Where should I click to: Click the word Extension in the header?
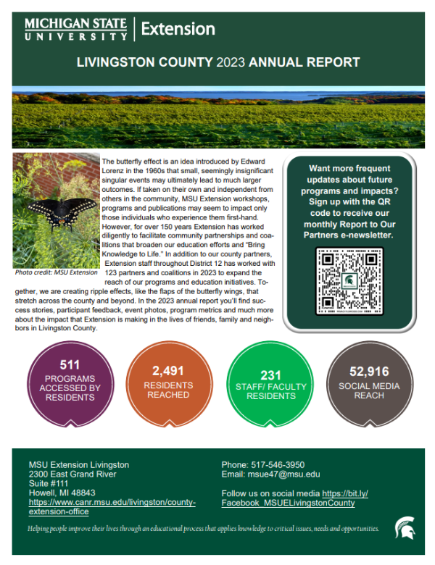point(178,29)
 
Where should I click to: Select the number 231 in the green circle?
point(266,374)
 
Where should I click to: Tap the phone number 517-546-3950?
point(279,464)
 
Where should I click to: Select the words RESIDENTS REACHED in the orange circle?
point(167,390)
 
